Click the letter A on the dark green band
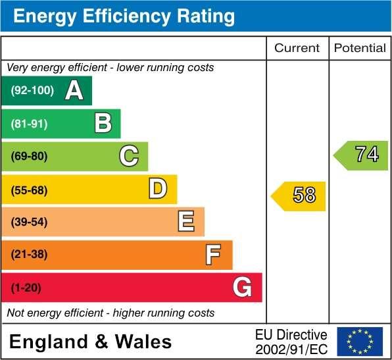point(74,91)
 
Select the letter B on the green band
point(103,123)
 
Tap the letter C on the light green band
point(129,156)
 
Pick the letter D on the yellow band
point(158,189)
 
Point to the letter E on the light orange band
point(186,222)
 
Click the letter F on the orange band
point(213,254)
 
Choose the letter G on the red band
point(242,287)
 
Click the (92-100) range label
point(32,91)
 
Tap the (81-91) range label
point(30,123)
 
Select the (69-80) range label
point(30,156)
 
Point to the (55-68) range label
point(30,190)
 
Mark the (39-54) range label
point(30,222)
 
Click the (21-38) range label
point(30,255)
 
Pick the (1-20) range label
point(26,288)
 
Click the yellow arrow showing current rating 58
point(299,195)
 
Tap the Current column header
point(297,48)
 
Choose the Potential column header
point(360,48)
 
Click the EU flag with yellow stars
point(360,342)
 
